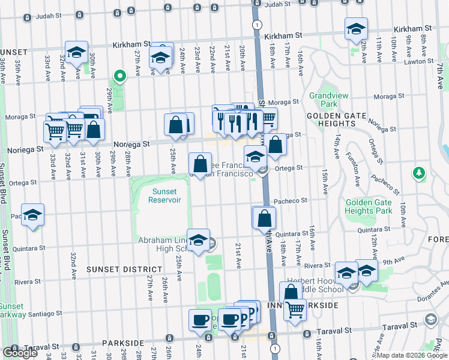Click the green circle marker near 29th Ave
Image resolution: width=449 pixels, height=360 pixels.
pyautogui.click(x=119, y=76)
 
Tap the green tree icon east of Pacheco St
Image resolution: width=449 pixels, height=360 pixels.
pyautogui.click(x=419, y=173)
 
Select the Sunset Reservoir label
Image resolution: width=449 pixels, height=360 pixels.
pyautogui.click(x=160, y=196)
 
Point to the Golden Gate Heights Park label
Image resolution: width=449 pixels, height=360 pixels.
pyautogui.click(x=369, y=207)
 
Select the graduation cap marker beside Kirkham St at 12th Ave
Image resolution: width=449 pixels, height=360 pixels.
pyautogui.click(x=356, y=29)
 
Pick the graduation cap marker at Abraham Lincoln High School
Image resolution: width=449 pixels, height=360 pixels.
pyautogui.click(x=198, y=240)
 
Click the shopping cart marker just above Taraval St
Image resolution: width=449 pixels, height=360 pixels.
pyautogui.click(x=294, y=310)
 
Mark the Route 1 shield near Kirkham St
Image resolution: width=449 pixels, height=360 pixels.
pyautogui.click(x=256, y=25)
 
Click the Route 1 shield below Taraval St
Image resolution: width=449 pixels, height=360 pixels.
pyautogui.click(x=274, y=348)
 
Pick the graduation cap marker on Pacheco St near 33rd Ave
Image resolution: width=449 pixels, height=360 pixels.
pyautogui.click(x=32, y=214)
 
